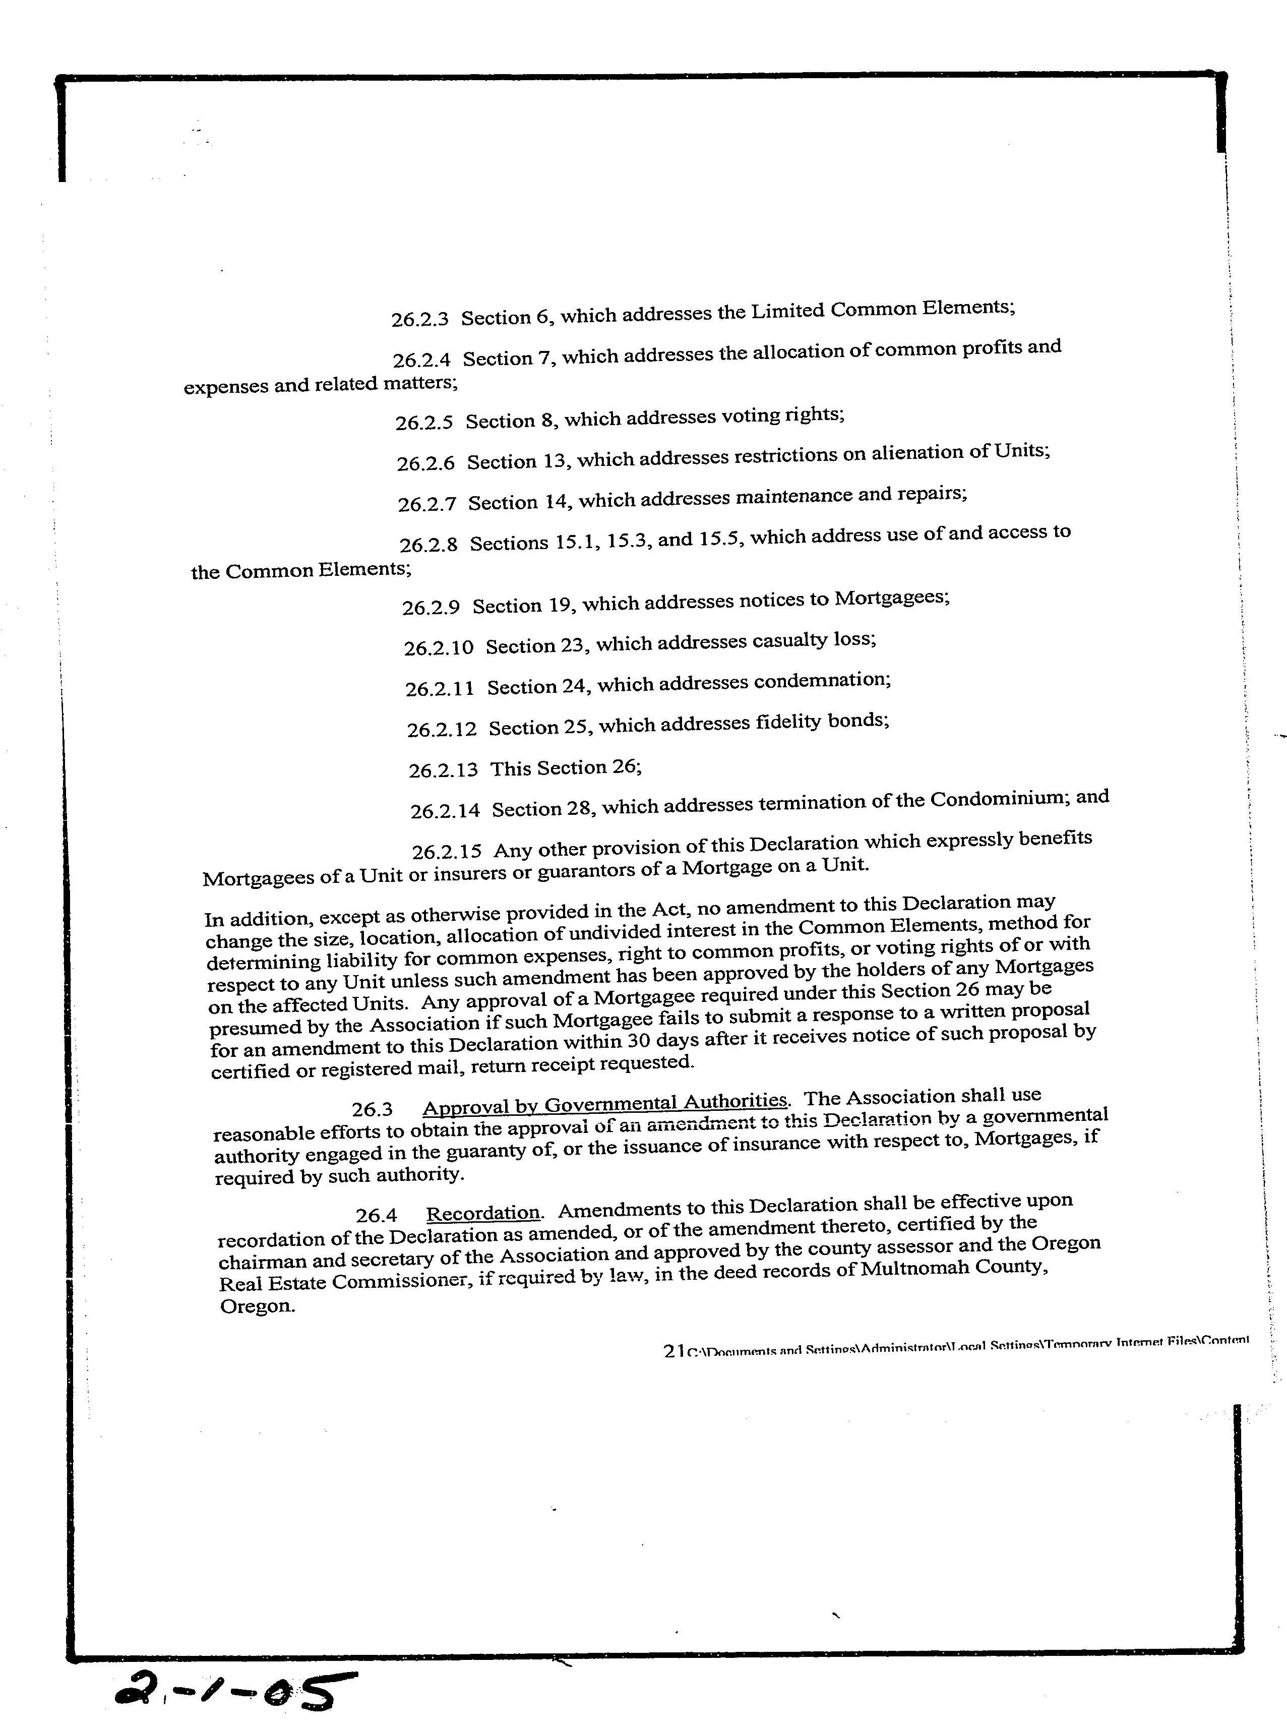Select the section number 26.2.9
(431, 608)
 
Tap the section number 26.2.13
(443, 770)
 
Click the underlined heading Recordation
(483, 1214)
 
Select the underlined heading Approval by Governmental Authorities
(604, 1103)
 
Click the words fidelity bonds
(822, 722)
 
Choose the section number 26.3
(372, 1109)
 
